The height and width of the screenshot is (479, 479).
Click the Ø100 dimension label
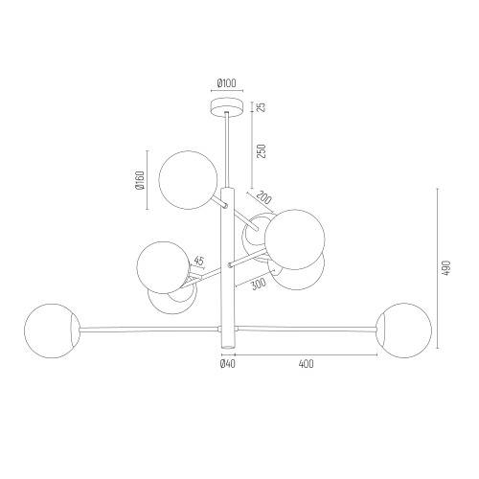(x=226, y=83)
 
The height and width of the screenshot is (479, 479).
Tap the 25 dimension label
(x=262, y=107)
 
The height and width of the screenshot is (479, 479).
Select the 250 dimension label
(x=262, y=151)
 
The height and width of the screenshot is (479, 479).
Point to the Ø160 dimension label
(x=140, y=180)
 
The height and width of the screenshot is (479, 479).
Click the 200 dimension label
(x=263, y=197)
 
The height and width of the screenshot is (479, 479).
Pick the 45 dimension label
(x=198, y=261)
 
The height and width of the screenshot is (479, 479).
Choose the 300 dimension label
(x=259, y=284)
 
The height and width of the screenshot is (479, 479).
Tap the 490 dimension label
(x=446, y=268)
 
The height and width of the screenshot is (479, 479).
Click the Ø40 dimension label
(x=228, y=364)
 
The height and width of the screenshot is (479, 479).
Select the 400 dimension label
(x=307, y=364)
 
